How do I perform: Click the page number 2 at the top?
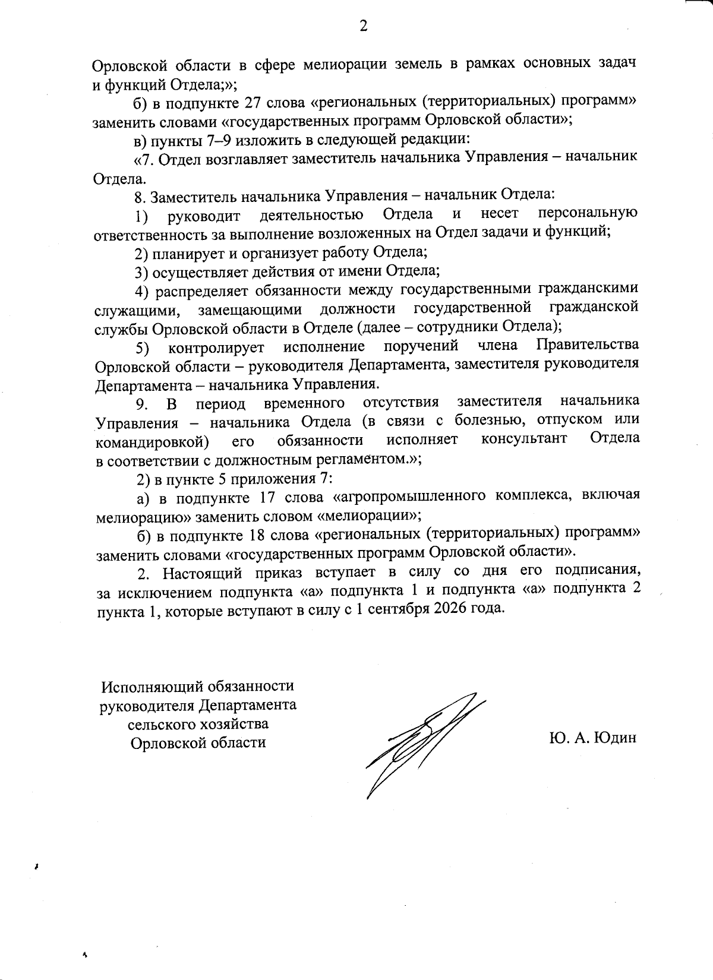[x=362, y=26]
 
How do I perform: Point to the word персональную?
[x=588, y=214]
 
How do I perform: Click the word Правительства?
[x=588, y=345]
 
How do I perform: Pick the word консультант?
[x=523, y=439]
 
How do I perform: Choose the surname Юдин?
[x=614, y=738]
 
